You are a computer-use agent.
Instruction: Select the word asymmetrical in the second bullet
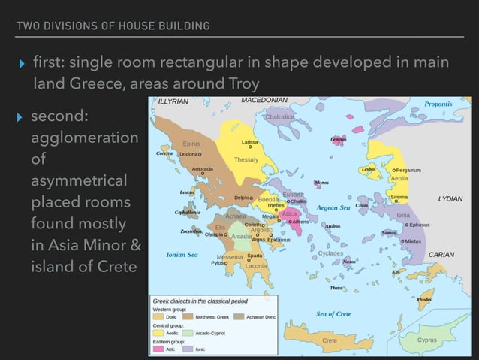pyautogui.click(x=80, y=181)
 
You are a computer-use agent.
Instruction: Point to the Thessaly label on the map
pyautogui.click(x=246, y=160)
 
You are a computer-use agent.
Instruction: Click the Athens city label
pyautogui.click(x=301, y=222)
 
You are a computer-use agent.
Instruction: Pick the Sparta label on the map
pyautogui.click(x=255, y=256)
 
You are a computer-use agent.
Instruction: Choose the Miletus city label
pyautogui.click(x=414, y=241)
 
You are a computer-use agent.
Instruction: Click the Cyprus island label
pyautogui.click(x=427, y=340)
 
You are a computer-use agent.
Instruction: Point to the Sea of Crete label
pyautogui.click(x=333, y=313)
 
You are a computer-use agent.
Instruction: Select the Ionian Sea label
pyautogui.click(x=182, y=255)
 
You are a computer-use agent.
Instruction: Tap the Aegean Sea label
pyautogui.click(x=333, y=207)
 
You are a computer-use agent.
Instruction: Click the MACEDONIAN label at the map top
pyautogui.click(x=264, y=100)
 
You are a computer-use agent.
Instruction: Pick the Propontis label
pyautogui.click(x=438, y=104)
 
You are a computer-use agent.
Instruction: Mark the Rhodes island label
pyautogui.click(x=424, y=300)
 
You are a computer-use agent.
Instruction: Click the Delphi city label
pyautogui.click(x=242, y=198)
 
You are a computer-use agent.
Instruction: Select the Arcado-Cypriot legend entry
pyautogui.click(x=206, y=333)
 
